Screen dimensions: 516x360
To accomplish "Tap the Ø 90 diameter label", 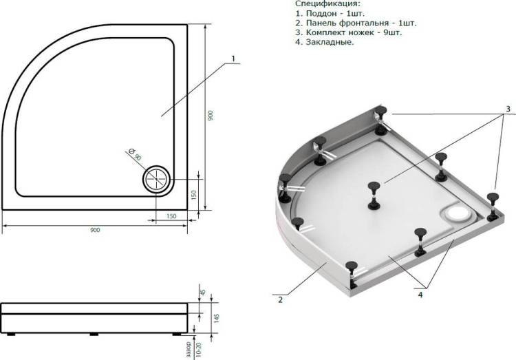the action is [135, 154].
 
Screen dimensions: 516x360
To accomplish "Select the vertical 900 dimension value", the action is [211, 115].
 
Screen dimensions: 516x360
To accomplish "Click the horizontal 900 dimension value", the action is [95, 230].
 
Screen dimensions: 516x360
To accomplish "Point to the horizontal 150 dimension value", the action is [171, 216].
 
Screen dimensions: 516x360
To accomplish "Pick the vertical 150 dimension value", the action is [193, 195].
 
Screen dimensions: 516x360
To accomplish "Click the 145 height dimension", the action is [216, 318].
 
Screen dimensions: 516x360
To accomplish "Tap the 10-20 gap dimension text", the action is [197, 349].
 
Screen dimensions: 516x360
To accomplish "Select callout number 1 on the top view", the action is [233, 59].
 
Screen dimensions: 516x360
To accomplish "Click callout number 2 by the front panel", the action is [280, 299].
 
